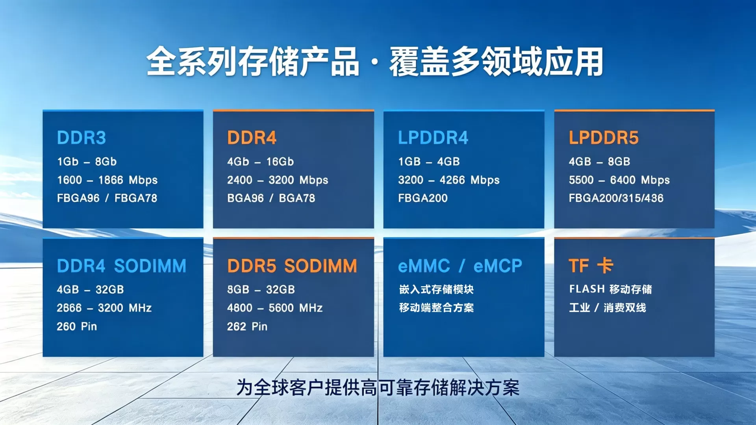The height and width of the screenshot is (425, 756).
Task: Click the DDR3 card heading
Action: point(82,138)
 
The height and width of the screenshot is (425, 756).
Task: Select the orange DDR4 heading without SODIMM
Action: point(252,138)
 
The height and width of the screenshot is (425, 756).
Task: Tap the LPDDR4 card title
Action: point(433,138)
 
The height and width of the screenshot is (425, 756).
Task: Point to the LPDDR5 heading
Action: point(604,138)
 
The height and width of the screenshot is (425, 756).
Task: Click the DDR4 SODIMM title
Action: point(122,266)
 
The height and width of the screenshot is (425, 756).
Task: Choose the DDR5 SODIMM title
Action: point(292,266)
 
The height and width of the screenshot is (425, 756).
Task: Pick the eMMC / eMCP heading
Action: point(460,266)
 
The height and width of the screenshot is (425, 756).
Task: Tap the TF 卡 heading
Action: point(591,266)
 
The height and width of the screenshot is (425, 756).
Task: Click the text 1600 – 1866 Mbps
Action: point(107,180)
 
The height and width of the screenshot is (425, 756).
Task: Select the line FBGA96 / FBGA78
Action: point(107,198)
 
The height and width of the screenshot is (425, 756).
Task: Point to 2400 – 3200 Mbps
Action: point(278,180)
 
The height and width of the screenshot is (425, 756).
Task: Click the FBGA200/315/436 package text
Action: point(616,198)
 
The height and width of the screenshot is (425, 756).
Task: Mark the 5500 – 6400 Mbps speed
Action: point(619,180)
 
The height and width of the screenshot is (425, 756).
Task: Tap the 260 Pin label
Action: point(77,326)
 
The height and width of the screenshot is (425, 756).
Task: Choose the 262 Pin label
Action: point(247,326)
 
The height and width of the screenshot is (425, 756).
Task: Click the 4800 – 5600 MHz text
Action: point(275,308)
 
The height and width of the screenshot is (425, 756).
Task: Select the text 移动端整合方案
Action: point(436,308)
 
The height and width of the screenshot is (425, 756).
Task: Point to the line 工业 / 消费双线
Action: point(608,308)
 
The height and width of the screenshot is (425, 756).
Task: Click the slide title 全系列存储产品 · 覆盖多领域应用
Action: point(375,62)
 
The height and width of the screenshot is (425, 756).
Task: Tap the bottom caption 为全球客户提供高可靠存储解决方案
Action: point(378,388)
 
